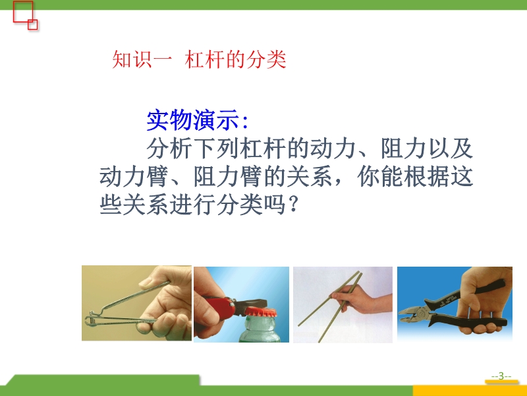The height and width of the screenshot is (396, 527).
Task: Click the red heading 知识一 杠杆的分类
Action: [x=199, y=59]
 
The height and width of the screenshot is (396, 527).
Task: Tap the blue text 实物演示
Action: [x=193, y=120]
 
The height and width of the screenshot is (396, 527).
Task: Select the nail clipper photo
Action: [x=136, y=303]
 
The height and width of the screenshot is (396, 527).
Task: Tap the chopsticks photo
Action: [x=343, y=305]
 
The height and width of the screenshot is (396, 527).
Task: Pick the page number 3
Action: [x=501, y=376]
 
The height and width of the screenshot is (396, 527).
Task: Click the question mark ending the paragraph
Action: [x=293, y=205]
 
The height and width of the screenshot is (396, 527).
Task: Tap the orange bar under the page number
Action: [x=501, y=381]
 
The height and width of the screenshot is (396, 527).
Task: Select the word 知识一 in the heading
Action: [x=142, y=59]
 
